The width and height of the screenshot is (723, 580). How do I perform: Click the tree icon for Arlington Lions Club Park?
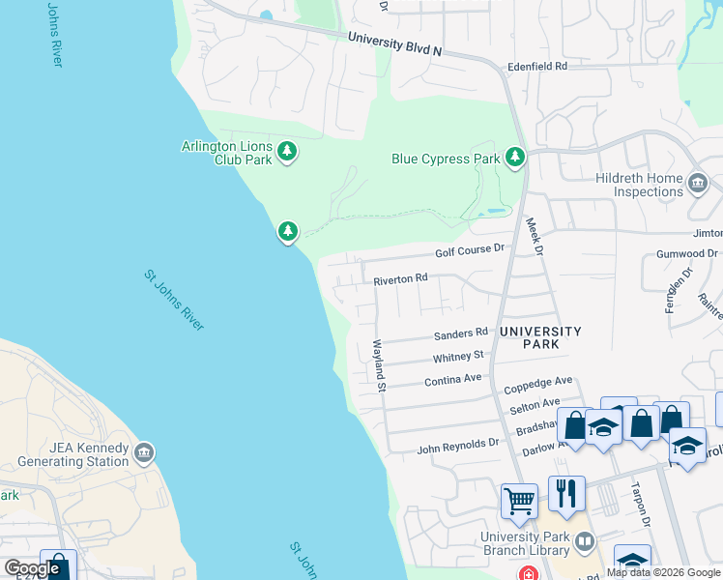pos(286,151)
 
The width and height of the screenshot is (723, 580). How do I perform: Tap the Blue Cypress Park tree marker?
pos(515,158)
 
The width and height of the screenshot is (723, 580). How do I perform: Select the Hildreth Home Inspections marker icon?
pos(697,182)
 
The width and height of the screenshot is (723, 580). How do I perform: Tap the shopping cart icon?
pos(519,502)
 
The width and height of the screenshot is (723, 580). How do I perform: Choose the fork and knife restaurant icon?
pos(566,494)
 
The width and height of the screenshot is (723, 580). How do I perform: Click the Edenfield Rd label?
pos(536,67)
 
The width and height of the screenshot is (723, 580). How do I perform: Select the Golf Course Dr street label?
pos(470,250)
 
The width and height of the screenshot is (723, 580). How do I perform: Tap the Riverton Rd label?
pos(400,278)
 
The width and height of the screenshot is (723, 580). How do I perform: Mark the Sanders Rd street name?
pos(461,334)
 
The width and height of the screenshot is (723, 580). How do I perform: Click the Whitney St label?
pos(457,358)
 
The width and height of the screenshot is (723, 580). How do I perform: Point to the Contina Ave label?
pos(452,380)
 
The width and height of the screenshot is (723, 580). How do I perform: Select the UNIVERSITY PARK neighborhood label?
pos(540,337)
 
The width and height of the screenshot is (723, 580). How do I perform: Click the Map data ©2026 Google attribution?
pos(663,572)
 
